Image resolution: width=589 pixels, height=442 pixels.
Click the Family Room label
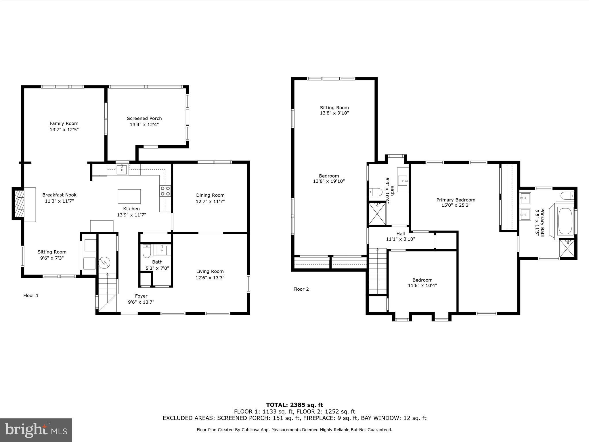tap(64, 123)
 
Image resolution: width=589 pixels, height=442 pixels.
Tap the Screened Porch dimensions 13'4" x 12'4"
tap(144, 125)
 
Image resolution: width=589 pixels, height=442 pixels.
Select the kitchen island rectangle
tap(129, 196)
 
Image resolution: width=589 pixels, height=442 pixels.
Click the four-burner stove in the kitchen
tap(165, 191)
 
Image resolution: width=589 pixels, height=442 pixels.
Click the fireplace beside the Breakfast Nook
tap(18, 203)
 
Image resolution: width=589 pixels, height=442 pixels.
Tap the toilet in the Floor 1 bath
tap(147, 251)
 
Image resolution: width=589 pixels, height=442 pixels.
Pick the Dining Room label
tap(210, 195)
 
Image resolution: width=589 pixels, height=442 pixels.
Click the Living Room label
tap(210, 271)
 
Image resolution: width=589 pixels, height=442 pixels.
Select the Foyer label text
tap(141, 296)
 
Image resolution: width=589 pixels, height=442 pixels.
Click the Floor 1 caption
tap(31, 296)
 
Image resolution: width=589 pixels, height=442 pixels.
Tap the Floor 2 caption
tap(301, 289)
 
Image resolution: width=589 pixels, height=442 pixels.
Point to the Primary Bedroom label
tap(456, 200)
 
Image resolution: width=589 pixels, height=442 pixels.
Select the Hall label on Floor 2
tap(401, 234)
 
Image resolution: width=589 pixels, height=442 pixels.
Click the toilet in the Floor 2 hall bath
tap(375, 192)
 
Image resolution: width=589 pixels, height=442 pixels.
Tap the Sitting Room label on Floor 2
tap(334, 108)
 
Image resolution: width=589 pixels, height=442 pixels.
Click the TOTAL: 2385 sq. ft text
tap(294, 405)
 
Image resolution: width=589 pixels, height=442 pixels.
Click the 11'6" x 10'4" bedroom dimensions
tap(422, 285)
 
